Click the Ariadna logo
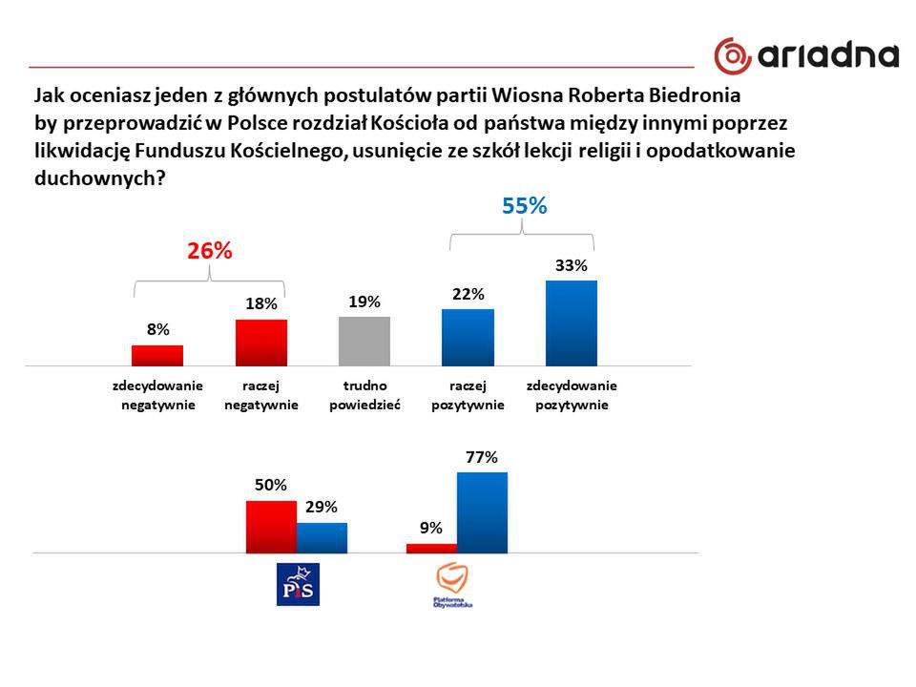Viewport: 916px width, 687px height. pos(806,55)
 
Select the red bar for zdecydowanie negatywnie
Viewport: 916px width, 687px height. pos(157,355)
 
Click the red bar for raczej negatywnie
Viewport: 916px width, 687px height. pos(261,343)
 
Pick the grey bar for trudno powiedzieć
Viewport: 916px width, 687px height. pos(364,341)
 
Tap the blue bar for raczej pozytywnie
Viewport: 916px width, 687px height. pos(468,337)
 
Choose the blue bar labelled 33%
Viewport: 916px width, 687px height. pos(571,323)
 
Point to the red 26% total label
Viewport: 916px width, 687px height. pos(209,251)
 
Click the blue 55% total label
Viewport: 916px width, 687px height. pos(524,205)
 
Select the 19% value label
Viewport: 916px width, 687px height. pos(364,302)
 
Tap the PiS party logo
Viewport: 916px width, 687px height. pos(297,584)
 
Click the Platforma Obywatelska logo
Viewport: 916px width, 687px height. pos(453,585)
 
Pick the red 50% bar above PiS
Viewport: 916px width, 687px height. pos(271,526)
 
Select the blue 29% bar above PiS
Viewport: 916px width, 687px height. pos(322,537)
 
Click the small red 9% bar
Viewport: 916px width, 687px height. pos(431,548)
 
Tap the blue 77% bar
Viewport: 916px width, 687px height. pos(482,512)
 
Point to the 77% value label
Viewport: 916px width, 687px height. pos(482,458)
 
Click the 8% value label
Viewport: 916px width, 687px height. pos(157,329)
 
